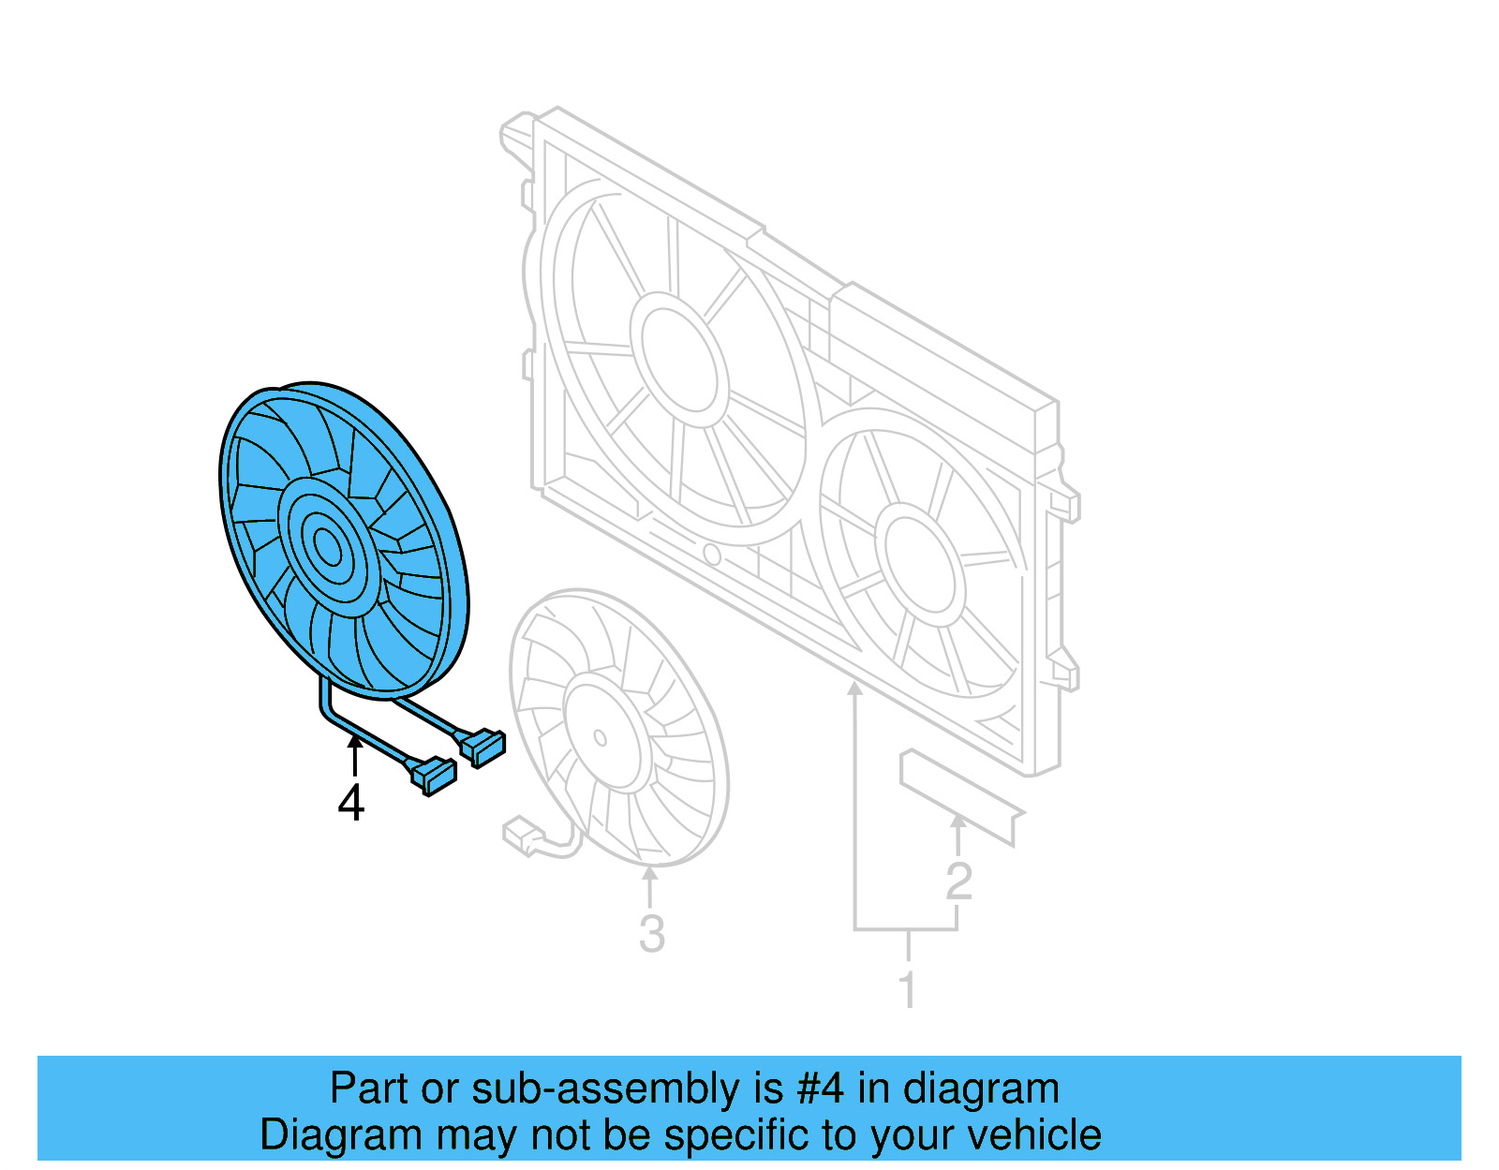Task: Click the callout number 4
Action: [350, 803]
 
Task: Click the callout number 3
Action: [651, 933]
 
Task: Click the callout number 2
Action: [958, 881]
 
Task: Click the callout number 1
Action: [907, 989]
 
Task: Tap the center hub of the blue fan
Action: [327, 545]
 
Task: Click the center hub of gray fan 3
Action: [600, 737]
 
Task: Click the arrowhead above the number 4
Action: [354, 742]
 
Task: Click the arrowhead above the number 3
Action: [650, 873]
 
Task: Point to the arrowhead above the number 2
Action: [957, 822]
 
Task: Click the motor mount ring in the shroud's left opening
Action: [678, 352]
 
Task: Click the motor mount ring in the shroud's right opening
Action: [919, 565]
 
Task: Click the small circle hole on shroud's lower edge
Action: [711, 555]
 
